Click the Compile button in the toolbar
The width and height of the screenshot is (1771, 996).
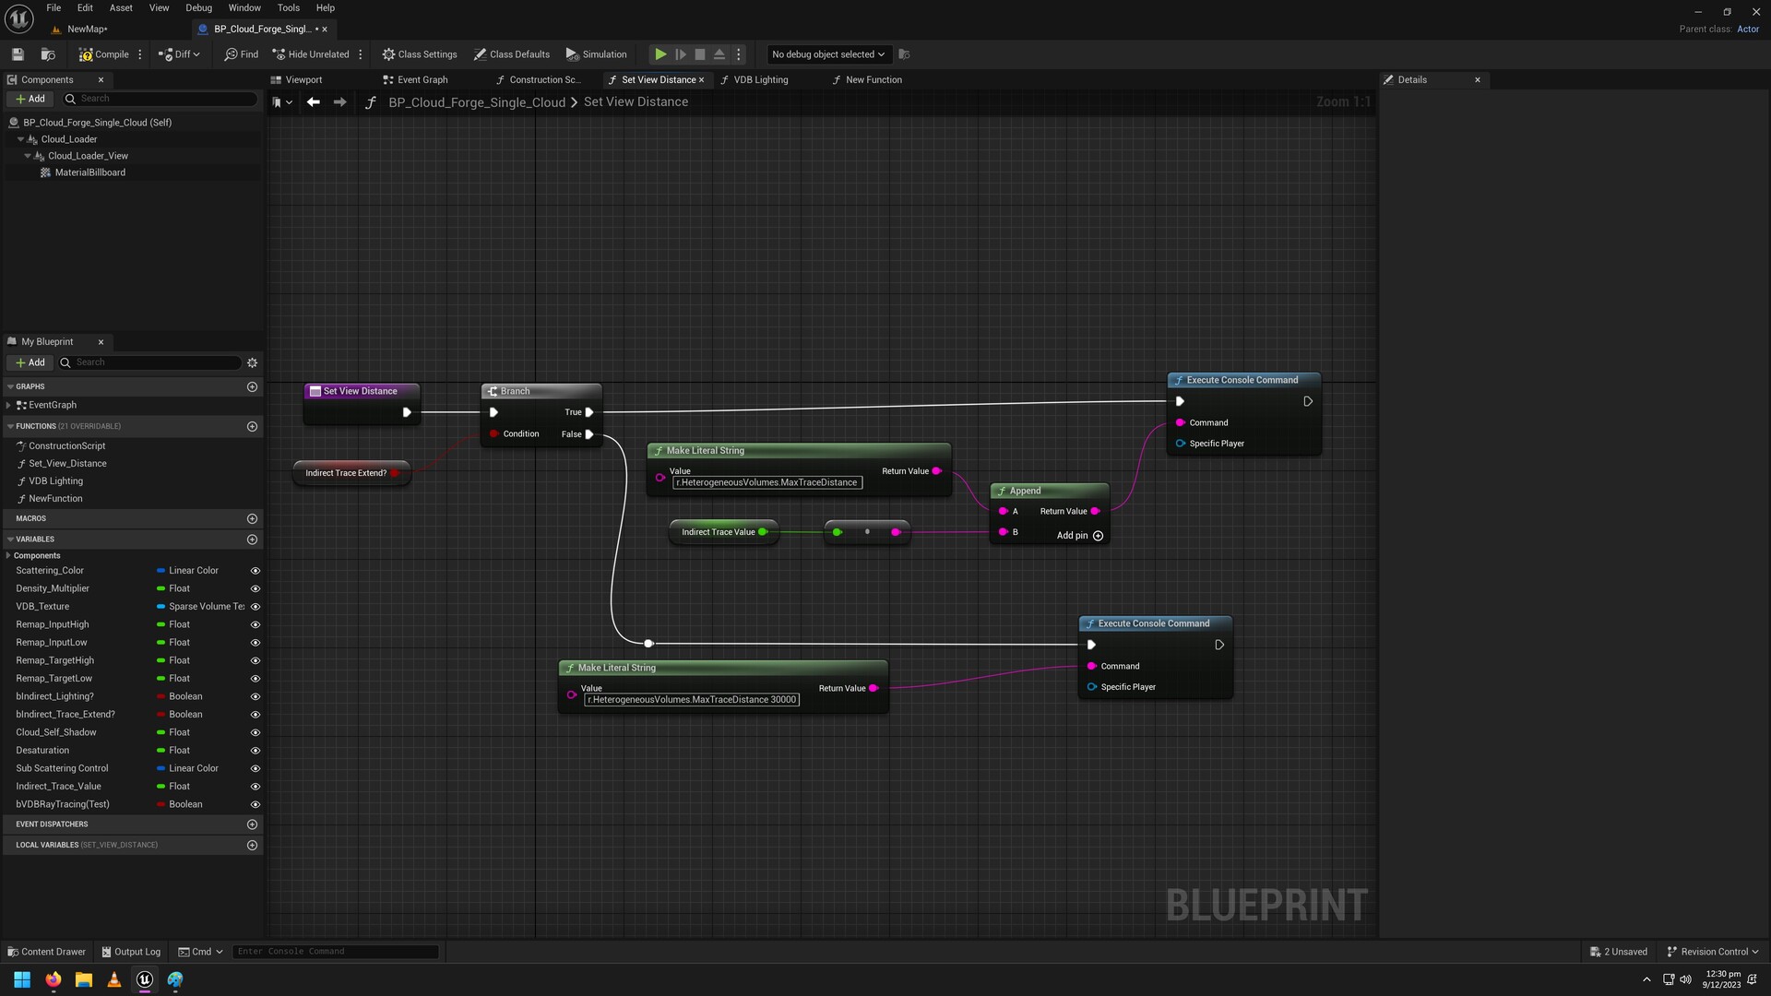tap(104, 54)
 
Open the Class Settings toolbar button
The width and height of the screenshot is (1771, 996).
tap(420, 54)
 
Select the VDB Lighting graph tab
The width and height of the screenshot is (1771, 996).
tap(760, 80)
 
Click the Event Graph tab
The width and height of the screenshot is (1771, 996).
tap(422, 80)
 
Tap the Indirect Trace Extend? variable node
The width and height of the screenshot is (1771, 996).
tap(346, 473)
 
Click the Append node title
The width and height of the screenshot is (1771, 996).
tap(1025, 491)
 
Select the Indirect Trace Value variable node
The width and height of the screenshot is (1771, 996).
tap(718, 532)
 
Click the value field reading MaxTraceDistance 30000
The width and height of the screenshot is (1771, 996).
tap(692, 700)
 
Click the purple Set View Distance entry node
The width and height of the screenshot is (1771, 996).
tap(360, 391)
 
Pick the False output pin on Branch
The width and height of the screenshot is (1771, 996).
tap(589, 434)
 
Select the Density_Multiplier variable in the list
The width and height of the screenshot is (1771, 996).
tap(53, 588)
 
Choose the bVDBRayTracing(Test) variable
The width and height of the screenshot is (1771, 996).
tap(63, 804)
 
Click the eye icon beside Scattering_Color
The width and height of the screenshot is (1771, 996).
tap(256, 571)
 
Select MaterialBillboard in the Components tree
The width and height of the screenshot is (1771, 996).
tap(89, 172)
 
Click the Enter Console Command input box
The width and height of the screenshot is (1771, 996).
tap(336, 952)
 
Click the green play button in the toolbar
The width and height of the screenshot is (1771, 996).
tap(660, 54)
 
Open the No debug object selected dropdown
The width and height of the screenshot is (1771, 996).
tap(827, 54)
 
